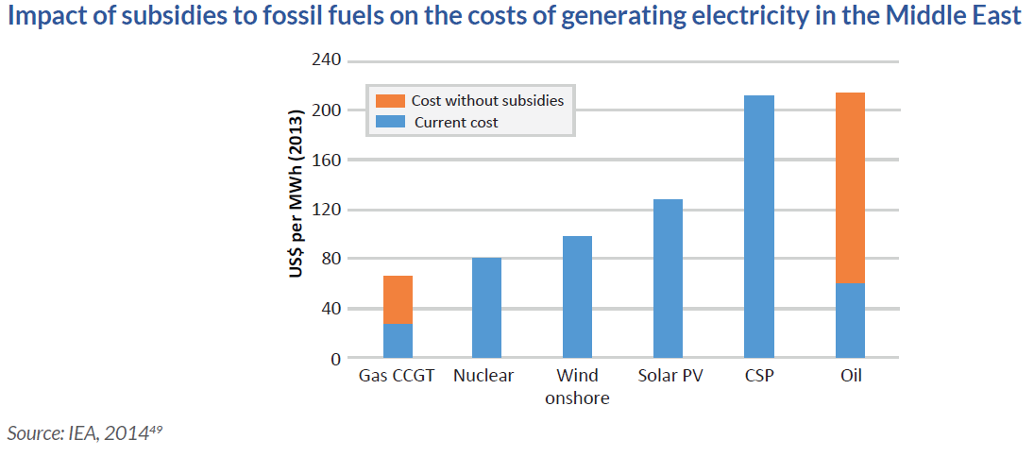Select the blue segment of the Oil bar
(850, 321)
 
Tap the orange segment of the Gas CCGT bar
(398, 299)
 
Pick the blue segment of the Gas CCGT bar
(398, 341)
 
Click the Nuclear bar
(487, 308)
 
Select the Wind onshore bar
(577, 297)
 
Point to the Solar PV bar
(668, 279)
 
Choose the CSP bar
(758, 227)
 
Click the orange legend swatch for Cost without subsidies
(389, 100)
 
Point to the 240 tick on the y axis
(326, 61)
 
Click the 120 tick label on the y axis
(326, 210)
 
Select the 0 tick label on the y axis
(334, 359)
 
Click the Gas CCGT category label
(398, 376)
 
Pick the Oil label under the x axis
(850, 376)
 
